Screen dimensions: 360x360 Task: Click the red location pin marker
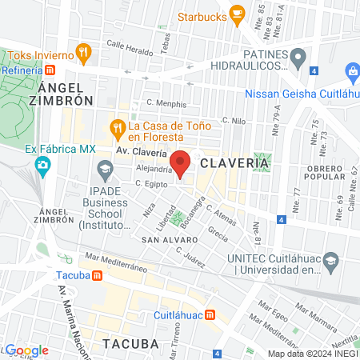pos(180,162)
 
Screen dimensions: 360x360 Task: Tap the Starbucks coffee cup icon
pos(236,14)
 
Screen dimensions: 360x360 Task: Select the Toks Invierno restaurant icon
pos(83,54)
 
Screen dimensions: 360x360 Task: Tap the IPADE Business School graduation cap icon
pos(105,169)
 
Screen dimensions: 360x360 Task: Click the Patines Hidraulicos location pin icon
pos(298,57)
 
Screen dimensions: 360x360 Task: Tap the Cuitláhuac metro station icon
pos(211,314)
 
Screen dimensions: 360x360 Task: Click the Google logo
pos(26,350)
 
